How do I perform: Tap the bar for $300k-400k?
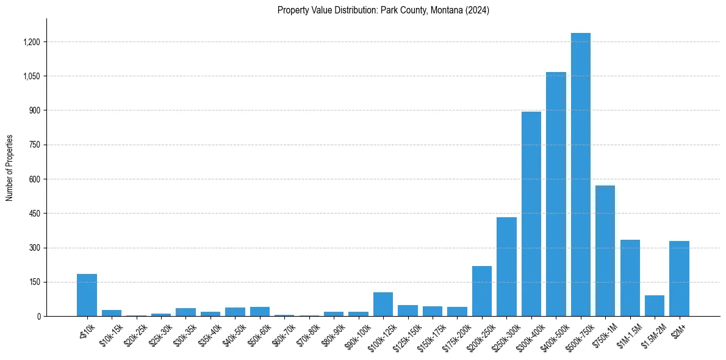point(531,214)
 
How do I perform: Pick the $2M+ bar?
point(679,278)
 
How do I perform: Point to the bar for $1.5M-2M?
point(655,306)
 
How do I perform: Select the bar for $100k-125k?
point(383,304)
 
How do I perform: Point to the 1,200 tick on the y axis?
point(31,42)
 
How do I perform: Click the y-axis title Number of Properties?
point(9,168)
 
